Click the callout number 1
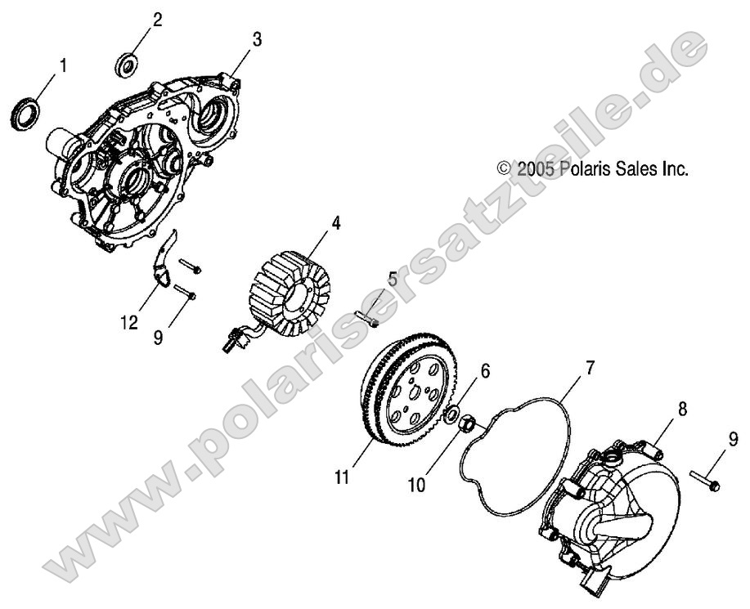(63, 63)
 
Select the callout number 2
(157, 18)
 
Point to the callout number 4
(335, 222)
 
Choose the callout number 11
(343, 477)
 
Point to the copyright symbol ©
(505, 169)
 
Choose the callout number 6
(485, 349)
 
